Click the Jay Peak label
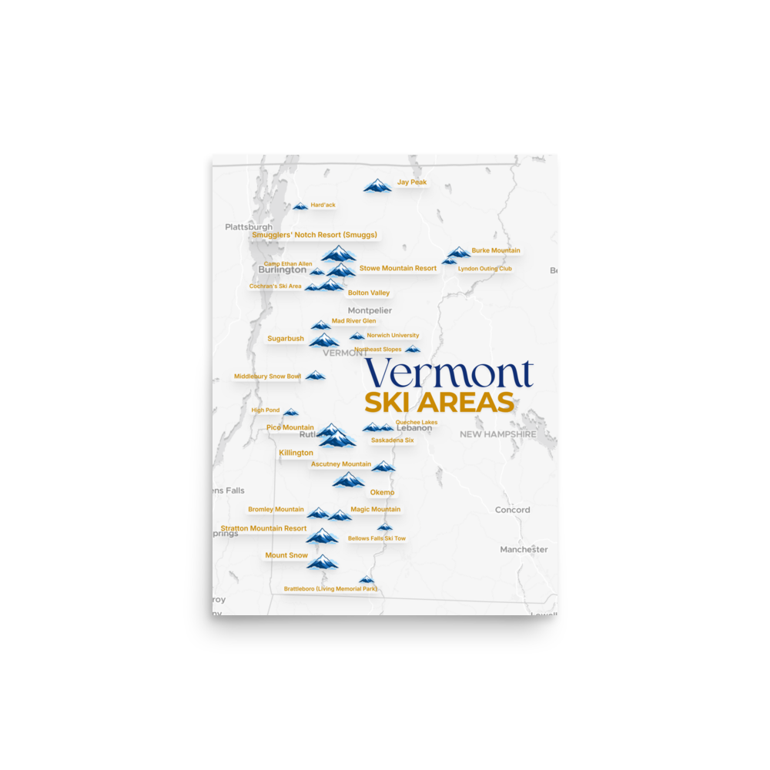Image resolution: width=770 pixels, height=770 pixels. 412,182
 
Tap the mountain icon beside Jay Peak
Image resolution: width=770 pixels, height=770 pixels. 377,186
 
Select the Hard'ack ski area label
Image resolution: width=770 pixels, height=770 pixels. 323,206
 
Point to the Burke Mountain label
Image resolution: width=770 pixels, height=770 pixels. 496,250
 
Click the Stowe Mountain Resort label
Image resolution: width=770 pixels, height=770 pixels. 398,269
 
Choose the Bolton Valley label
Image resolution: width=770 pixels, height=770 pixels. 369,293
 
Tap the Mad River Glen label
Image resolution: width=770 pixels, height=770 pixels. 353,321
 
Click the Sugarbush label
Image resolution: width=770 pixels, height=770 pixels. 286,339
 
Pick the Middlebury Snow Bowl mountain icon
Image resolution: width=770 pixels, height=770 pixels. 315,376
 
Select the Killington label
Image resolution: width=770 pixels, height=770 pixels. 296,454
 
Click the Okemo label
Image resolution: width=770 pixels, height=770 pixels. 382,493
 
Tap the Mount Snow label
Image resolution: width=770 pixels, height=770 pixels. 286,556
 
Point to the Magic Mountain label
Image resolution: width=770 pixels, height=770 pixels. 376,510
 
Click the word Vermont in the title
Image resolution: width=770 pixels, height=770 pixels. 450,373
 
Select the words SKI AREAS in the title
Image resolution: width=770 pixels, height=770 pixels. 439,403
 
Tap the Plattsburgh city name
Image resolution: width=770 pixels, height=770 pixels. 249,227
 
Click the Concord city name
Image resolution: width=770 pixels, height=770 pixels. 512,510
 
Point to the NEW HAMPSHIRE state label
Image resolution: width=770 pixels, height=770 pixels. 497,434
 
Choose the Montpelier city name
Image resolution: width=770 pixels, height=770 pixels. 370,310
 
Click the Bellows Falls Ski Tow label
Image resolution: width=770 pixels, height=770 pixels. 377,539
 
